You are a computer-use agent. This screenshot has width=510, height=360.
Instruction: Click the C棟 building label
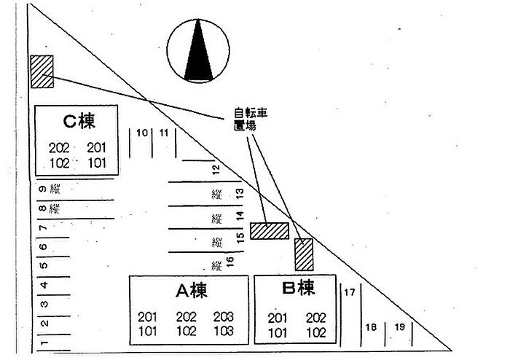79,119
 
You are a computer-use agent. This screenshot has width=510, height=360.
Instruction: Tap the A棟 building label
192,291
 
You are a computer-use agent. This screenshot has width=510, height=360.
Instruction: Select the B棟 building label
298,289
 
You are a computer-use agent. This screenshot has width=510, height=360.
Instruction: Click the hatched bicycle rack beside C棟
42,71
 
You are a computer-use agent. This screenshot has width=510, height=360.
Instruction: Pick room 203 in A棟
224,317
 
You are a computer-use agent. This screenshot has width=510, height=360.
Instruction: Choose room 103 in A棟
224,331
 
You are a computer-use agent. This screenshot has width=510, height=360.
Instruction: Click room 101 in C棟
97,163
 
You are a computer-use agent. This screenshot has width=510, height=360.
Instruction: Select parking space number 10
141,133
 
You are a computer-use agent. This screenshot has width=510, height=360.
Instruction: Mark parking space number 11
163,133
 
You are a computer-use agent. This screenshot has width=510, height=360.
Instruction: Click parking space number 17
349,293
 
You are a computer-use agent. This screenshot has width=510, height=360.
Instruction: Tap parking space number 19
399,326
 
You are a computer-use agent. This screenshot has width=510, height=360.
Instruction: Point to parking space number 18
371,327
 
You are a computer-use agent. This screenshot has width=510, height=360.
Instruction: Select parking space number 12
216,171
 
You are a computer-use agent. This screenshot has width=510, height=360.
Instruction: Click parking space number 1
44,342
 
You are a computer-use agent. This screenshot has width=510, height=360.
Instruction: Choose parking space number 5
44,266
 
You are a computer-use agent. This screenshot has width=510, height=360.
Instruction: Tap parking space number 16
229,262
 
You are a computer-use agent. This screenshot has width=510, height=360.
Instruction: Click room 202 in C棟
59,149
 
